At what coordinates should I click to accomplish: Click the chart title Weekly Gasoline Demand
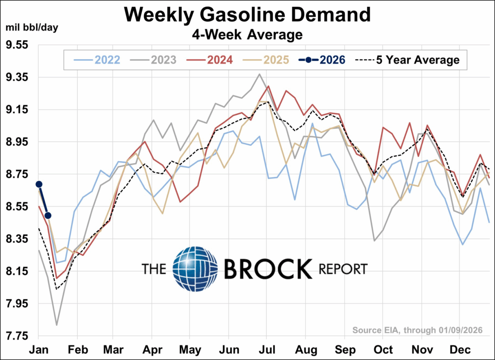coord(247,15)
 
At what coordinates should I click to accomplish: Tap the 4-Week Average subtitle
coord(247,34)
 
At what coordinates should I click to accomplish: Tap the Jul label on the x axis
coord(267,349)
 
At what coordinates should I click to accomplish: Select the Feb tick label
coord(78,349)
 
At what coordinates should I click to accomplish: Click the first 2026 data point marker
coord(39,184)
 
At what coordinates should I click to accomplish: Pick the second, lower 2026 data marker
coord(48,215)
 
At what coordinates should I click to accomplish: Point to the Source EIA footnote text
coord(418,330)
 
